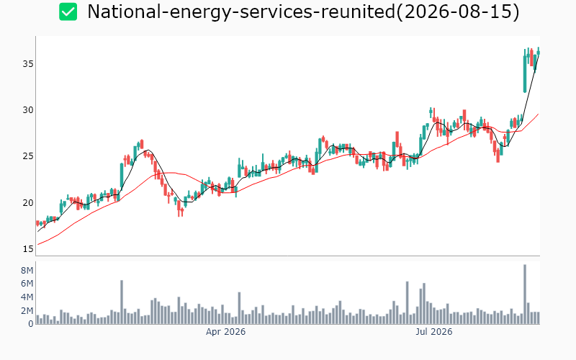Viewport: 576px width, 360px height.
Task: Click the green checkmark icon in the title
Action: click(x=68, y=12)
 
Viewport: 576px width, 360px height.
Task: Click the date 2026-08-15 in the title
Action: click(x=457, y=12)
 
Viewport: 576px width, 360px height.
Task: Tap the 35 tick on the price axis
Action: click(x=28, y=64)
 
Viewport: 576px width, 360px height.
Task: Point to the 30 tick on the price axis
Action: click(x=28, y=110)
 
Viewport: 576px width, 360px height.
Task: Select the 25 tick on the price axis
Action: click(x=28, y=156)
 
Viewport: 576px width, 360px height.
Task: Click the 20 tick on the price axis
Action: click(x=28, y=202)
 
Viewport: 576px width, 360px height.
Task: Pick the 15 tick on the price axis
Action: click(x=28, y=248)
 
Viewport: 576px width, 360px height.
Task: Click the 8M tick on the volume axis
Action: click(x=27, y=271)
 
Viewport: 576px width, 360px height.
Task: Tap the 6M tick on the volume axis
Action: click(x=27, y=284)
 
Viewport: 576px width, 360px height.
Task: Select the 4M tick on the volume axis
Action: click(x=27, y=297)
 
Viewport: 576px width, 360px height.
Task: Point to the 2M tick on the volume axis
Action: click(x=27, y=311)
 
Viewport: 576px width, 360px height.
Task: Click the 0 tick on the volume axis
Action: click(x=30, y=323)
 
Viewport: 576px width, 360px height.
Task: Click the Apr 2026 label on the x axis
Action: click(x=225, y=332)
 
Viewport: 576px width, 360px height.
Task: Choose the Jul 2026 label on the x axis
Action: click(x=434, y=332)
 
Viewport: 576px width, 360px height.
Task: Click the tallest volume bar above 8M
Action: click(x=525, y=294)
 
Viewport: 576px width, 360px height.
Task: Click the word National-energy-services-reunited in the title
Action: click(x=241, y=12)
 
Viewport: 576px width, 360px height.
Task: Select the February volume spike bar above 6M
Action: click(x=122, y=302)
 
